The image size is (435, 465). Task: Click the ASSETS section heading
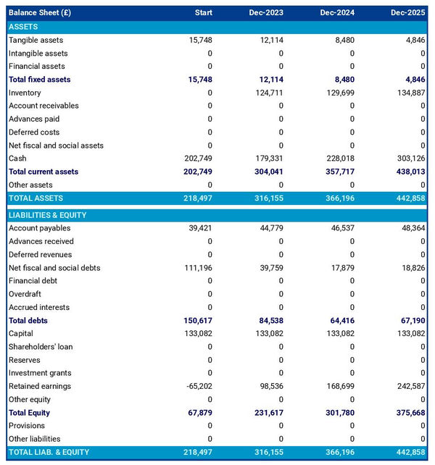coord(24,27)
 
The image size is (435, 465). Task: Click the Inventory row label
coord(25,93)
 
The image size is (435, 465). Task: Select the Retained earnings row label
coord(40,386)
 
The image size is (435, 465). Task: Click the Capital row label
coord(21,333)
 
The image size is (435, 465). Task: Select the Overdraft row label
coord(25,294)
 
